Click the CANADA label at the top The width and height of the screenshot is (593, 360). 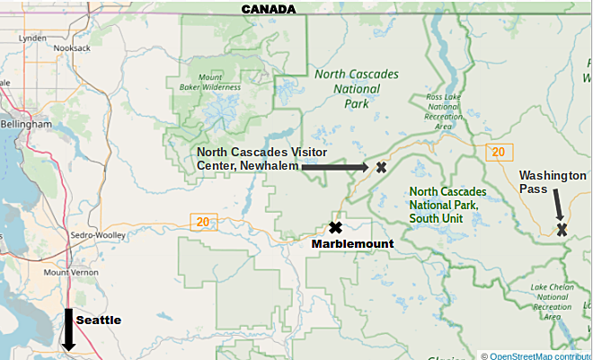point(268,9)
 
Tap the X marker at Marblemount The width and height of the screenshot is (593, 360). point(336,228)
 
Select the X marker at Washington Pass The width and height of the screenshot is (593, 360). point(562,230)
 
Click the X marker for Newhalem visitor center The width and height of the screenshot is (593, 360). point(381,167)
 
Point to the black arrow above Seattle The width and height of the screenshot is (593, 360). point(67,329)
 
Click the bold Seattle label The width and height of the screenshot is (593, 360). point(98,320)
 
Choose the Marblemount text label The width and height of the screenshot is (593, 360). point(352,244)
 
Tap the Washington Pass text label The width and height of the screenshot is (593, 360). point(552,182)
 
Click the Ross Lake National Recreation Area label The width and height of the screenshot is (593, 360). point(443,110)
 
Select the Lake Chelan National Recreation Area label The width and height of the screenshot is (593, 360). point(551,302)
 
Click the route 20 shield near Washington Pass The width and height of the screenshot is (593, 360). point(496,153)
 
